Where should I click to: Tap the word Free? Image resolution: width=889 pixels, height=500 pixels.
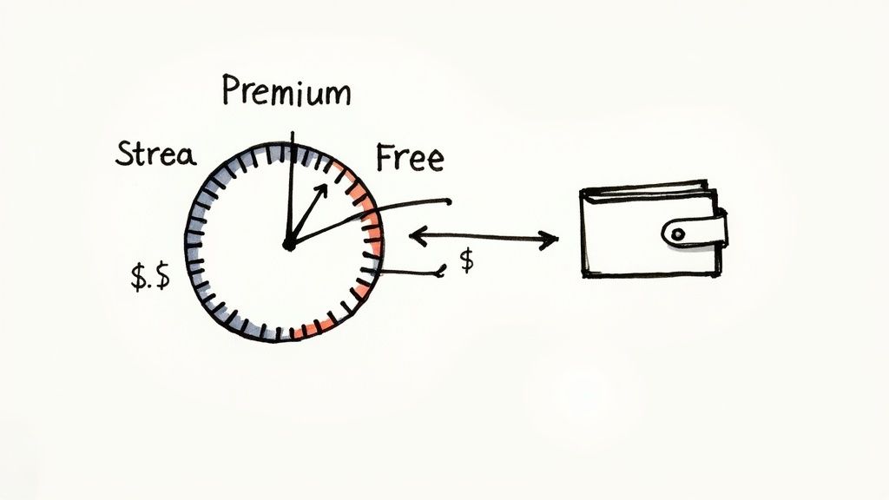[410, 159]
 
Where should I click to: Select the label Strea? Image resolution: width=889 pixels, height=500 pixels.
[155, 156]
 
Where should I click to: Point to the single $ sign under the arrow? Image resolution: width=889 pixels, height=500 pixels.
[467, 262]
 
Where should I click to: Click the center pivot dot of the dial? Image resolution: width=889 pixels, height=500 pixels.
[288, 246]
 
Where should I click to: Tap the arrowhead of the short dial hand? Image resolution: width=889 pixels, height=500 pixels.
[322, 188]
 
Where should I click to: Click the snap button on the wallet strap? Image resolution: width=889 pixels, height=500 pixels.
[678, 232]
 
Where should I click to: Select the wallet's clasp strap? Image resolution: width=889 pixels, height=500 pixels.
[695, 232]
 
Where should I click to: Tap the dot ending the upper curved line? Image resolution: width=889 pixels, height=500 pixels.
[448, 203]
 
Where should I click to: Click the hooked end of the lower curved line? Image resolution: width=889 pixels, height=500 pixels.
[441, 274]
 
